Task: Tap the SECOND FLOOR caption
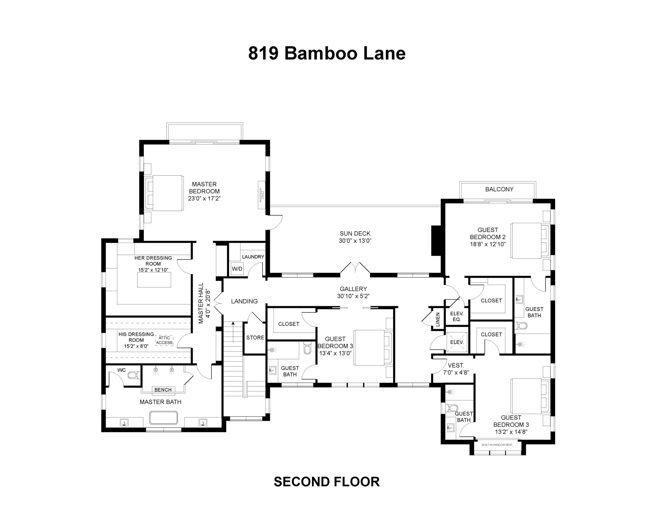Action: (327, 482)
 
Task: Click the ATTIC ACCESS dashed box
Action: (164, 340)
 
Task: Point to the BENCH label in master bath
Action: (163, 390)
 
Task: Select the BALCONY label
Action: (499, 189)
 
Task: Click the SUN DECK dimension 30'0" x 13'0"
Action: (355, 241)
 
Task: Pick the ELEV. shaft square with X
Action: (457, 342)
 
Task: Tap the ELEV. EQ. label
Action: (457, 316)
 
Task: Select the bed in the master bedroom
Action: (165, 193)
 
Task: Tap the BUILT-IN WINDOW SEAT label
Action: (496, 445)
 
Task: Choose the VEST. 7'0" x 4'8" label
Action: (456, 369)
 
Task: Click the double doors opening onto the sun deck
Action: (355, 268)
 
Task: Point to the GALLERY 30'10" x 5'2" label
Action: (353, 292)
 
